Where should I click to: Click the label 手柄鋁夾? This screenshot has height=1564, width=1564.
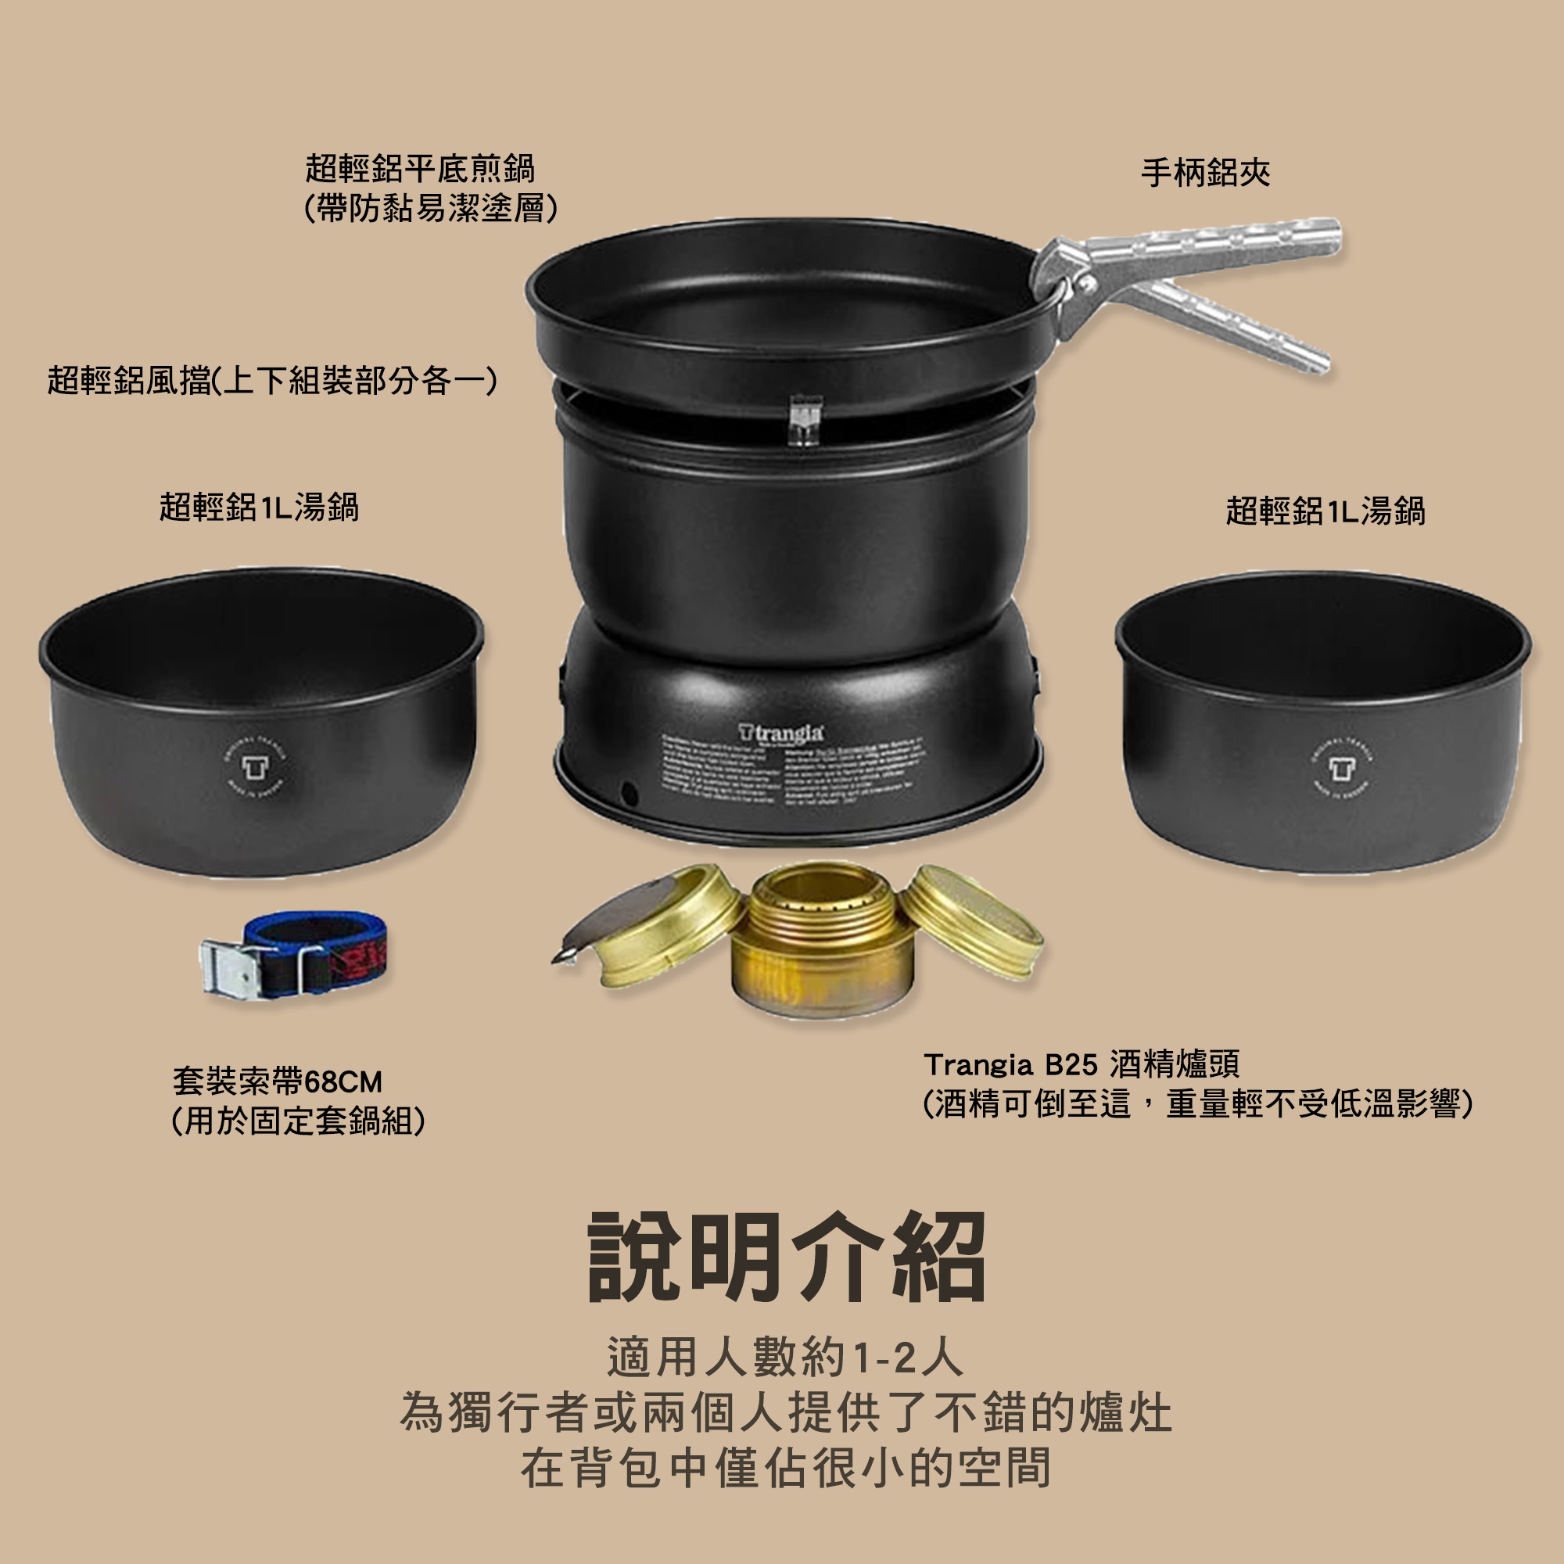click(1205, 172)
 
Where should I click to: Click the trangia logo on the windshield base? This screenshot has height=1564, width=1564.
click(781, 733)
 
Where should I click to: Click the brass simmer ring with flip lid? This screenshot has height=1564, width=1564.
click(660, 923)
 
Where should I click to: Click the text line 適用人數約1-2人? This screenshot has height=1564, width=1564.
click(785, 1357)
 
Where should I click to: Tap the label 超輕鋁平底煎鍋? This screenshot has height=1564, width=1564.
click(420, 168)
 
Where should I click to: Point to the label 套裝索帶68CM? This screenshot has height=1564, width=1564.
click(277, 1082)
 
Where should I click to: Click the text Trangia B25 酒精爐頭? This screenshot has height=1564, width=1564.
click(1082, 1064)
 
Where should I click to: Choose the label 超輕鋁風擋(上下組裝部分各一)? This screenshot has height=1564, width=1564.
click(272, 380)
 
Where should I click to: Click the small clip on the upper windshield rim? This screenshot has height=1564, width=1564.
click(805, 418)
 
